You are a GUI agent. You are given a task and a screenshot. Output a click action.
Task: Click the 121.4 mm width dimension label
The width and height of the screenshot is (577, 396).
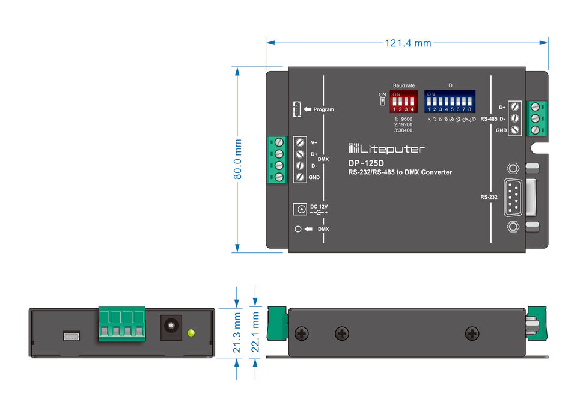[408, 43]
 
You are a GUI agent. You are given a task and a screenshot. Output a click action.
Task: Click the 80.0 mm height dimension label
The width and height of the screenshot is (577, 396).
[238, 160]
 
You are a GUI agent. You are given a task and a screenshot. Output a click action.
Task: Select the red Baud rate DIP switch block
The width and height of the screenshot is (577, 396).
[404, 102]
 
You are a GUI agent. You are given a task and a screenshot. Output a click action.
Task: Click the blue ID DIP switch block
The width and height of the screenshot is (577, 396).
[450, 102]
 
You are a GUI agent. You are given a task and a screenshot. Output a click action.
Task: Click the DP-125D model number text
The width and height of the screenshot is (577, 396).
[365, 162]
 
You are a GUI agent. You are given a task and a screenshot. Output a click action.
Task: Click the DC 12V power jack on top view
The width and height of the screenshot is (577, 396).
[299, 209]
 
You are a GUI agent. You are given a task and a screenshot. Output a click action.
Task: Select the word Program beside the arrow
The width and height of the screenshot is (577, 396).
[323, 109]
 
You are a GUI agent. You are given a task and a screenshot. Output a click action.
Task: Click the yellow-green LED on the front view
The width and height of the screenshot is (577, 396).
[192, 332]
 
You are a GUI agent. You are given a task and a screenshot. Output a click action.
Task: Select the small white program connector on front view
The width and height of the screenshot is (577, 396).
[70, 335]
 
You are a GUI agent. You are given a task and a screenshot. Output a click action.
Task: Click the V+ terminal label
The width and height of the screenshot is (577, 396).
[314, 143]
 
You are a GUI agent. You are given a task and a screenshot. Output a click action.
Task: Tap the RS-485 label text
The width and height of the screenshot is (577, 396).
[489, 119]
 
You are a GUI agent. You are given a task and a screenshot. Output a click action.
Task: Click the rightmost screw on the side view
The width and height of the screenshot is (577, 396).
[472, 333]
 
